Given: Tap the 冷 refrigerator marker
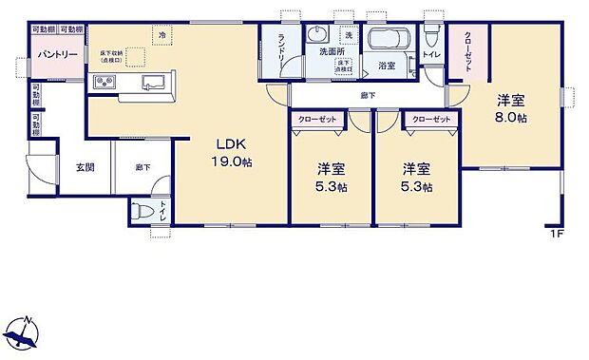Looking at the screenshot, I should click(162, 35).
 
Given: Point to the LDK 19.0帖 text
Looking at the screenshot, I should click(231, 155).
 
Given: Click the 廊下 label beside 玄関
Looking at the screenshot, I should click(142, 167).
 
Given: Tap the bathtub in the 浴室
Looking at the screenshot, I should click(387, 43).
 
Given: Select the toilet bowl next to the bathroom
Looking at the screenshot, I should click(431, 37).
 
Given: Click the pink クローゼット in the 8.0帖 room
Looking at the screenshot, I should click(468, 54).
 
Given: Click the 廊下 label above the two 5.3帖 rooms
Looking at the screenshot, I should click(367, 96).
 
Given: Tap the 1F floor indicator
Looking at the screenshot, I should click(555, 233).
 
